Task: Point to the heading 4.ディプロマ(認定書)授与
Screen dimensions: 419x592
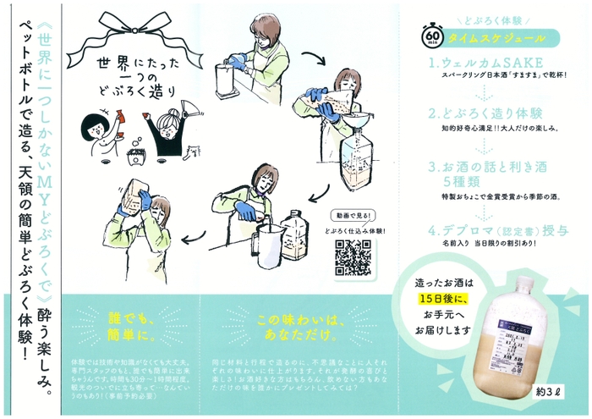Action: (496, 229)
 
